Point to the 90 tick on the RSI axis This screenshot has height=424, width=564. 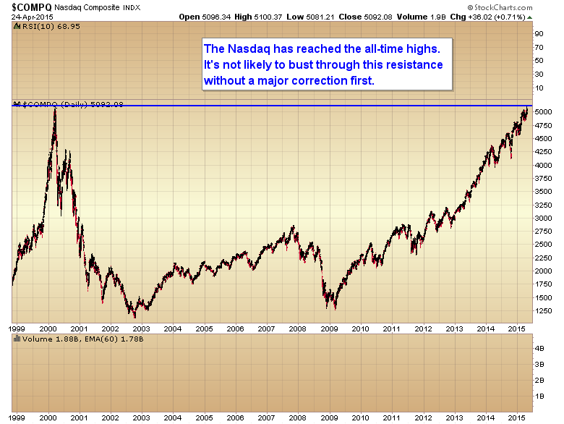(x=539, y=33)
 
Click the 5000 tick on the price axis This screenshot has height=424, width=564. (x=544, y=111)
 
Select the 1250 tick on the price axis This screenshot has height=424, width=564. (x=544, y=312)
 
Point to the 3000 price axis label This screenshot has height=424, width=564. (x=544, y=219)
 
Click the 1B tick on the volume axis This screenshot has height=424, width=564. (x=539, y=397)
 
